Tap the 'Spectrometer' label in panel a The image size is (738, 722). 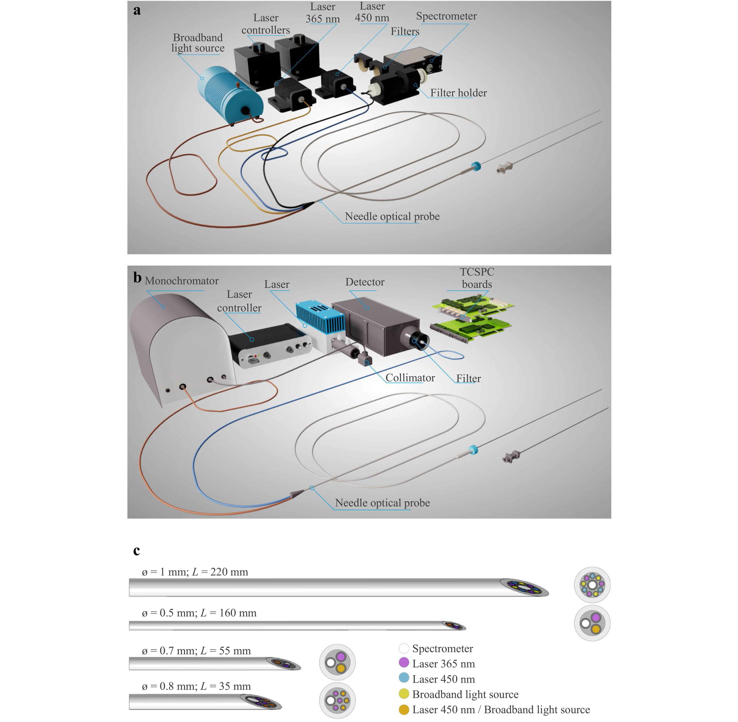point(446,16)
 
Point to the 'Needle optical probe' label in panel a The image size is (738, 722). point(392,217)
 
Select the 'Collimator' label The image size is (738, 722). point(410,378)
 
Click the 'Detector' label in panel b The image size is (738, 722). point(365,282)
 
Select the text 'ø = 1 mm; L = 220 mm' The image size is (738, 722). point(195,572)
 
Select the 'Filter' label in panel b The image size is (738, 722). point(468,378)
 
